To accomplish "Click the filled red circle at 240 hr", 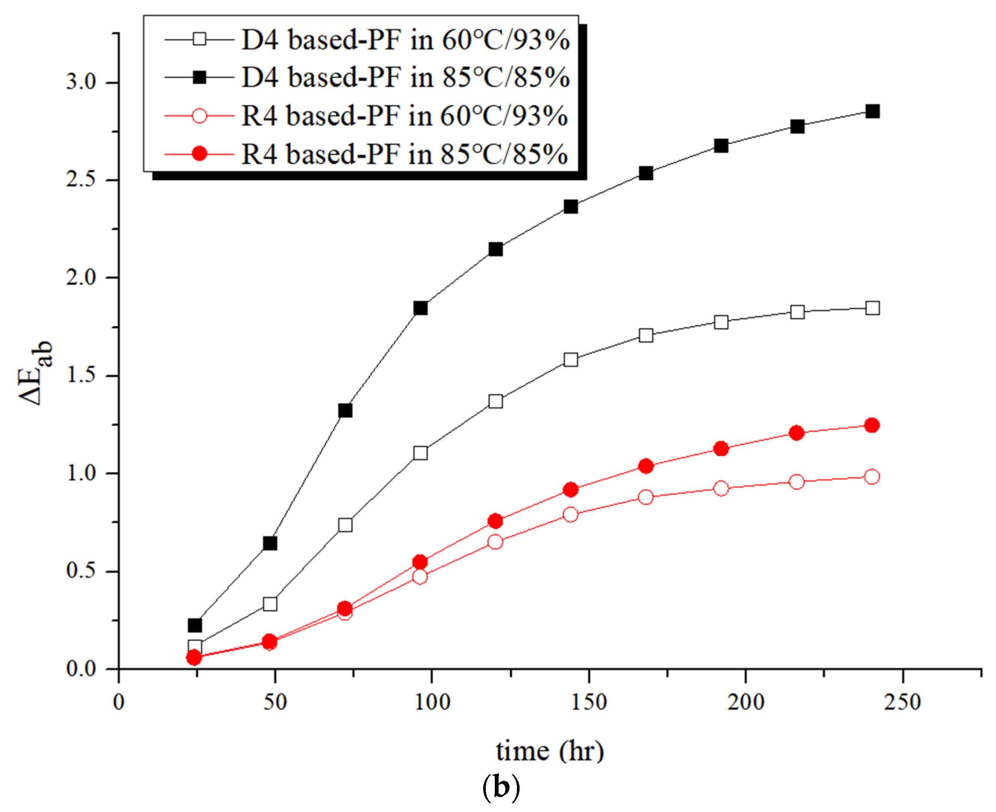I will coord(871,425).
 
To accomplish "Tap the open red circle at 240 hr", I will coord(871,477).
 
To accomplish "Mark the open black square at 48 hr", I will coord(270,604).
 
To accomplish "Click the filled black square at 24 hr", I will coord(195,625).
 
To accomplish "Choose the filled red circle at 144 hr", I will coord(571,490).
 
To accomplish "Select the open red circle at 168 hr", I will coord(646,497).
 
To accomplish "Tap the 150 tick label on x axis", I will coord(589,702).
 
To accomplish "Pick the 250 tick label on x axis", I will coord(902,702).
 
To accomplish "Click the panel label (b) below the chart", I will coord(501,787).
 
